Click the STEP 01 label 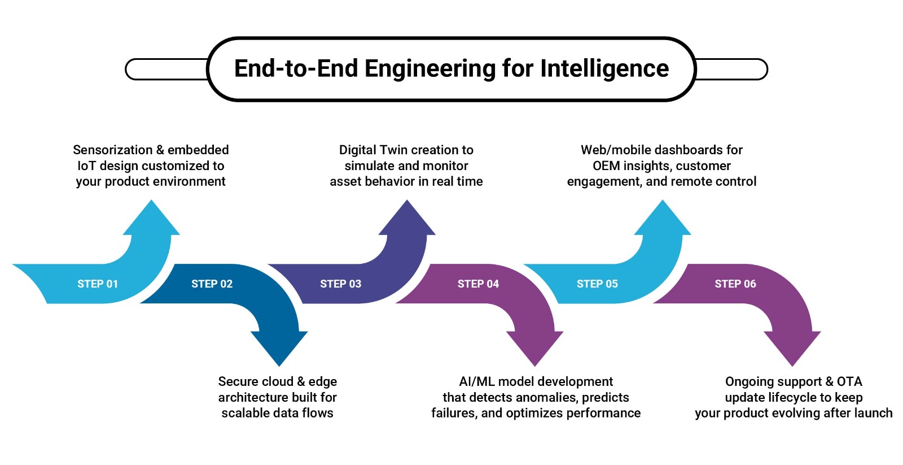click(98, 284)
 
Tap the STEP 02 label click(212, 284)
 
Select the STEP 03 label click(340, 284)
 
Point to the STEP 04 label click(478, 284)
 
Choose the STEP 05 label click(597, 284)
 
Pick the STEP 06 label click(735, 284)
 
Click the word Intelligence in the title click(604, 68)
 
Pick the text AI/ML click(477, 381)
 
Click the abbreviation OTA click(849, 381)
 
